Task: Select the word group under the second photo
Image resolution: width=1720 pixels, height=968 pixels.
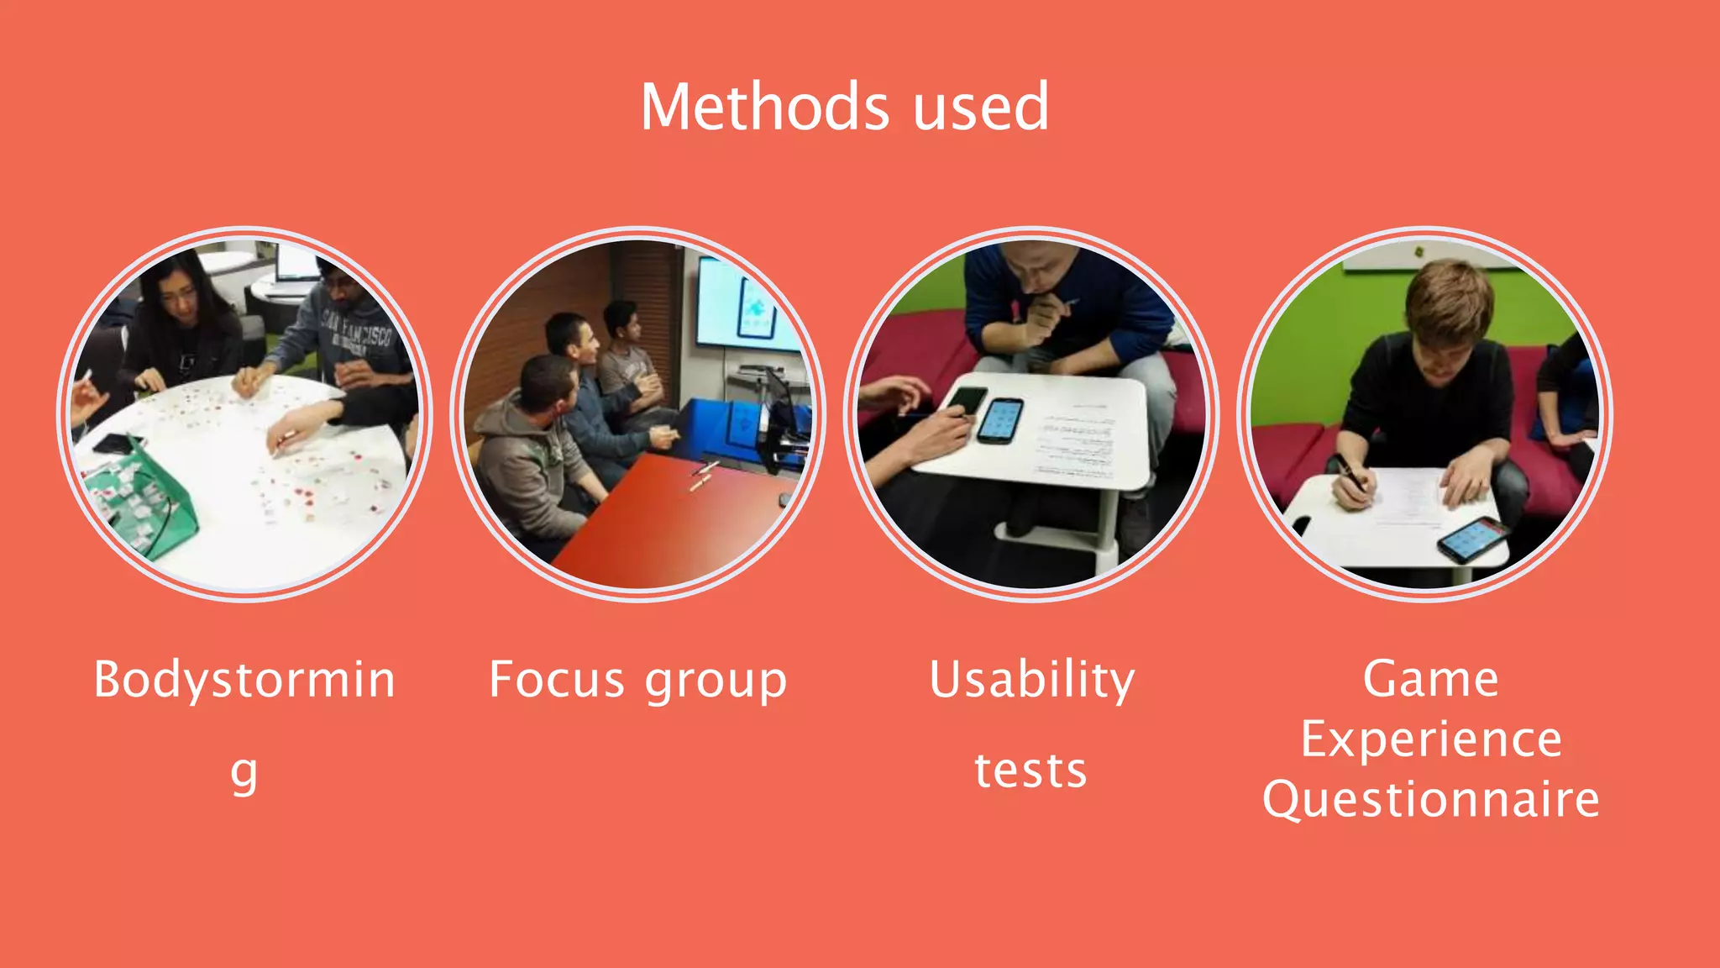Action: (x=716, y=681)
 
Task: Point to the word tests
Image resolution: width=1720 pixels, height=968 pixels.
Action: (x=1030, y=771)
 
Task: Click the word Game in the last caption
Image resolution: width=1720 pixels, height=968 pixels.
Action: (x=1430, y=678)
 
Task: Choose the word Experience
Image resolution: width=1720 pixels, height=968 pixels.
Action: (x=1430, y=739)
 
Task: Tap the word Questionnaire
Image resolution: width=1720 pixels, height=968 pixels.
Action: (x=1430, y=799)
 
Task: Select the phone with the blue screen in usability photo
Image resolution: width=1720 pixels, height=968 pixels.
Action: (x=1000, y=419)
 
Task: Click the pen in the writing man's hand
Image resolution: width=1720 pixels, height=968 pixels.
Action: (x=1352, y=475)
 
